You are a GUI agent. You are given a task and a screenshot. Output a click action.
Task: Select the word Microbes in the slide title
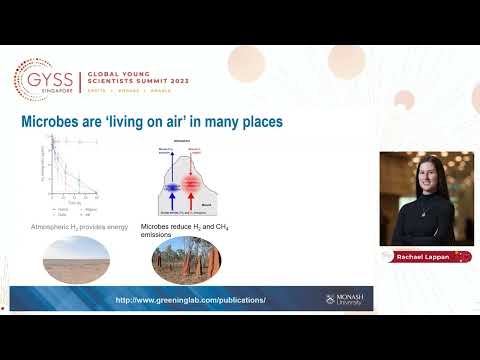50,123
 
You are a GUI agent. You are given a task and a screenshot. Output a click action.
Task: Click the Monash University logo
343,298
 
